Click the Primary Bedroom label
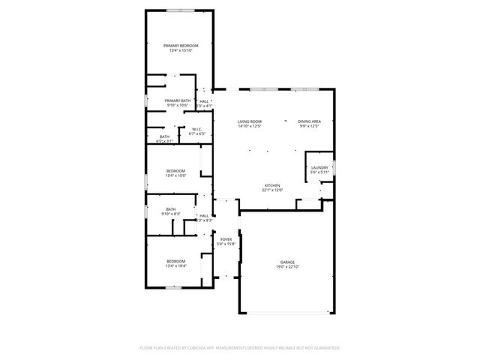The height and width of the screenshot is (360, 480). click(180, 46)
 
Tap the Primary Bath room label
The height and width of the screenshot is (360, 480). click(178, 100)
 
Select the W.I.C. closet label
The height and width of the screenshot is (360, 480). click(196, 129)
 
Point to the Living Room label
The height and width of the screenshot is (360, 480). click(250, 121)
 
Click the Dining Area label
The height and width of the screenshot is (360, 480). click(310, 121)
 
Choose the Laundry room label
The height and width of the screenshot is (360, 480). click(319, 167)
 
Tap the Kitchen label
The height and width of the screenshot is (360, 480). click(272, 185)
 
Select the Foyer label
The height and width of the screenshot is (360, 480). click(226, 239)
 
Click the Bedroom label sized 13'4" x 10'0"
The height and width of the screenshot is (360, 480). click(175, 171)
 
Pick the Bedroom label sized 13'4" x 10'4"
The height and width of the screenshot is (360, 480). click(175, 261)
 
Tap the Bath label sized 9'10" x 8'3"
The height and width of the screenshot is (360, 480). click(171, 209)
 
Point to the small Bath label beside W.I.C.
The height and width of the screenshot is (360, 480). click(164, 136)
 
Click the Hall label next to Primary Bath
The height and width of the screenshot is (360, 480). click(204, 100)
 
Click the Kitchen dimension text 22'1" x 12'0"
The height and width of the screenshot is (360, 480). click(272, 190)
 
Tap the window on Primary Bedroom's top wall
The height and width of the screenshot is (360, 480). click(180, 10)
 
